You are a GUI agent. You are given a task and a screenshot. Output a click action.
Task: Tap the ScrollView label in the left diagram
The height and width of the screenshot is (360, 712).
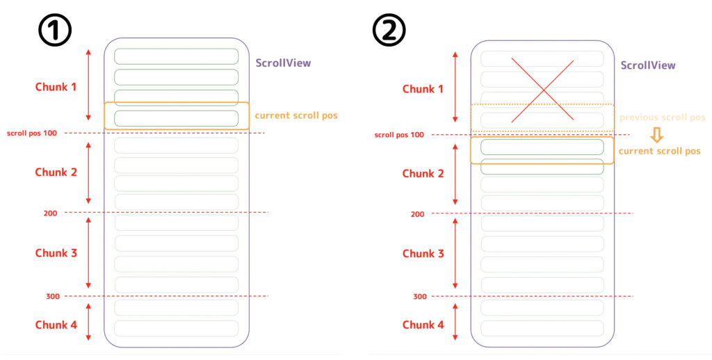coord(283,63)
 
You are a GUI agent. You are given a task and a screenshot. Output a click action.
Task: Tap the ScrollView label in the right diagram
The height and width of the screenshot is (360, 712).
coord(647,65)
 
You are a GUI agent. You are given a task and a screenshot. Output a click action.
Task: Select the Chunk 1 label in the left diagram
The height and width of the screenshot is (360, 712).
coord(56,87)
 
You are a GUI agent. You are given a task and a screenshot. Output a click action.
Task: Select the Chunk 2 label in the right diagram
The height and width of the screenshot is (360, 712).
coord(423,174)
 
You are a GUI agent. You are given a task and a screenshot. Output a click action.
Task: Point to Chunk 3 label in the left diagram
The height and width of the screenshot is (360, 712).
coord(56,253)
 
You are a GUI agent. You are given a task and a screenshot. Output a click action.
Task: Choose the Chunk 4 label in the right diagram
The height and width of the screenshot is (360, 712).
coord(423,325)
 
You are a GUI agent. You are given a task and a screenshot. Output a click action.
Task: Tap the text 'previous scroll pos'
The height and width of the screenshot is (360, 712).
coord(662,117)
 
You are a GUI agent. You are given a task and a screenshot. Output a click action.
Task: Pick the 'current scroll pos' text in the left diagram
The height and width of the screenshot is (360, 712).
coord(296,115)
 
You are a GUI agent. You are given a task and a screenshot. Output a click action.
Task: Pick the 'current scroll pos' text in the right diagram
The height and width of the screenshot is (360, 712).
coord(659,151)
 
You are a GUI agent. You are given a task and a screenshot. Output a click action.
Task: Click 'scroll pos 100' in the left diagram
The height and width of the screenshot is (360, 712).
coord(32,133)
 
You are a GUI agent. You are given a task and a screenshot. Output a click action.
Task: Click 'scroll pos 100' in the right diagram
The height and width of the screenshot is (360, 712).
coord(399,135)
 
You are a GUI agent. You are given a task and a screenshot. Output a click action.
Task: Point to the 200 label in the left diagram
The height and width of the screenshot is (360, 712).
coord(50,213)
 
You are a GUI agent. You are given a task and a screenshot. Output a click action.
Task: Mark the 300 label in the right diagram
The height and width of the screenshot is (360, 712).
coord(419,297)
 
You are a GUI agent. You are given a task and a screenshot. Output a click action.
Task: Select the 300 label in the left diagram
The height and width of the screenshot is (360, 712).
coord(52,297)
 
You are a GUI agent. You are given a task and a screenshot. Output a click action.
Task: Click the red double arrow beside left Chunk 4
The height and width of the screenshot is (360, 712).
coord(88,322)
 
